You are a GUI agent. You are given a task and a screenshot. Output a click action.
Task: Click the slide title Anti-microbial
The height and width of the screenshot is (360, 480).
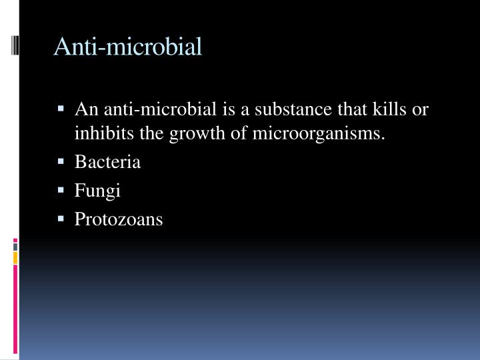click(x=127, y=47)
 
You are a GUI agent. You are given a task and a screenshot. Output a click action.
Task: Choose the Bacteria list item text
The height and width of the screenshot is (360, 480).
click(x=107, y=162)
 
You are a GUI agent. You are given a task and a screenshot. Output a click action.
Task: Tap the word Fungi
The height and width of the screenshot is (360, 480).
click(x=97, y=191)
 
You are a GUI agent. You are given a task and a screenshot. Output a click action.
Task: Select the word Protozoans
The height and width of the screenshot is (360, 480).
click(x=119, y=219)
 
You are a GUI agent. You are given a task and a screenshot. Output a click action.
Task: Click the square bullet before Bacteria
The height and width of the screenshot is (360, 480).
click(x=61, y=161)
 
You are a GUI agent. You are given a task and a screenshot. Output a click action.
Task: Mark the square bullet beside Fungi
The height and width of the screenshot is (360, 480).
click(x=61, y=190)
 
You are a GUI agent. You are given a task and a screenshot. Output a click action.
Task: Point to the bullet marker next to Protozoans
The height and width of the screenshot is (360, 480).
click(x=61, y=218)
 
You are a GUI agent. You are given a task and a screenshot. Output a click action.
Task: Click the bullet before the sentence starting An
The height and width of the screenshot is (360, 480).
click(x=61, y=108)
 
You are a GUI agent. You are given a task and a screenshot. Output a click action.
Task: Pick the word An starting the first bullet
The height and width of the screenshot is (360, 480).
click(x=84, y=109)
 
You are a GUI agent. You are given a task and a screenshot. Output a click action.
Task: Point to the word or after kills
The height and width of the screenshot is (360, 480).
click(x=420, y=109)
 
